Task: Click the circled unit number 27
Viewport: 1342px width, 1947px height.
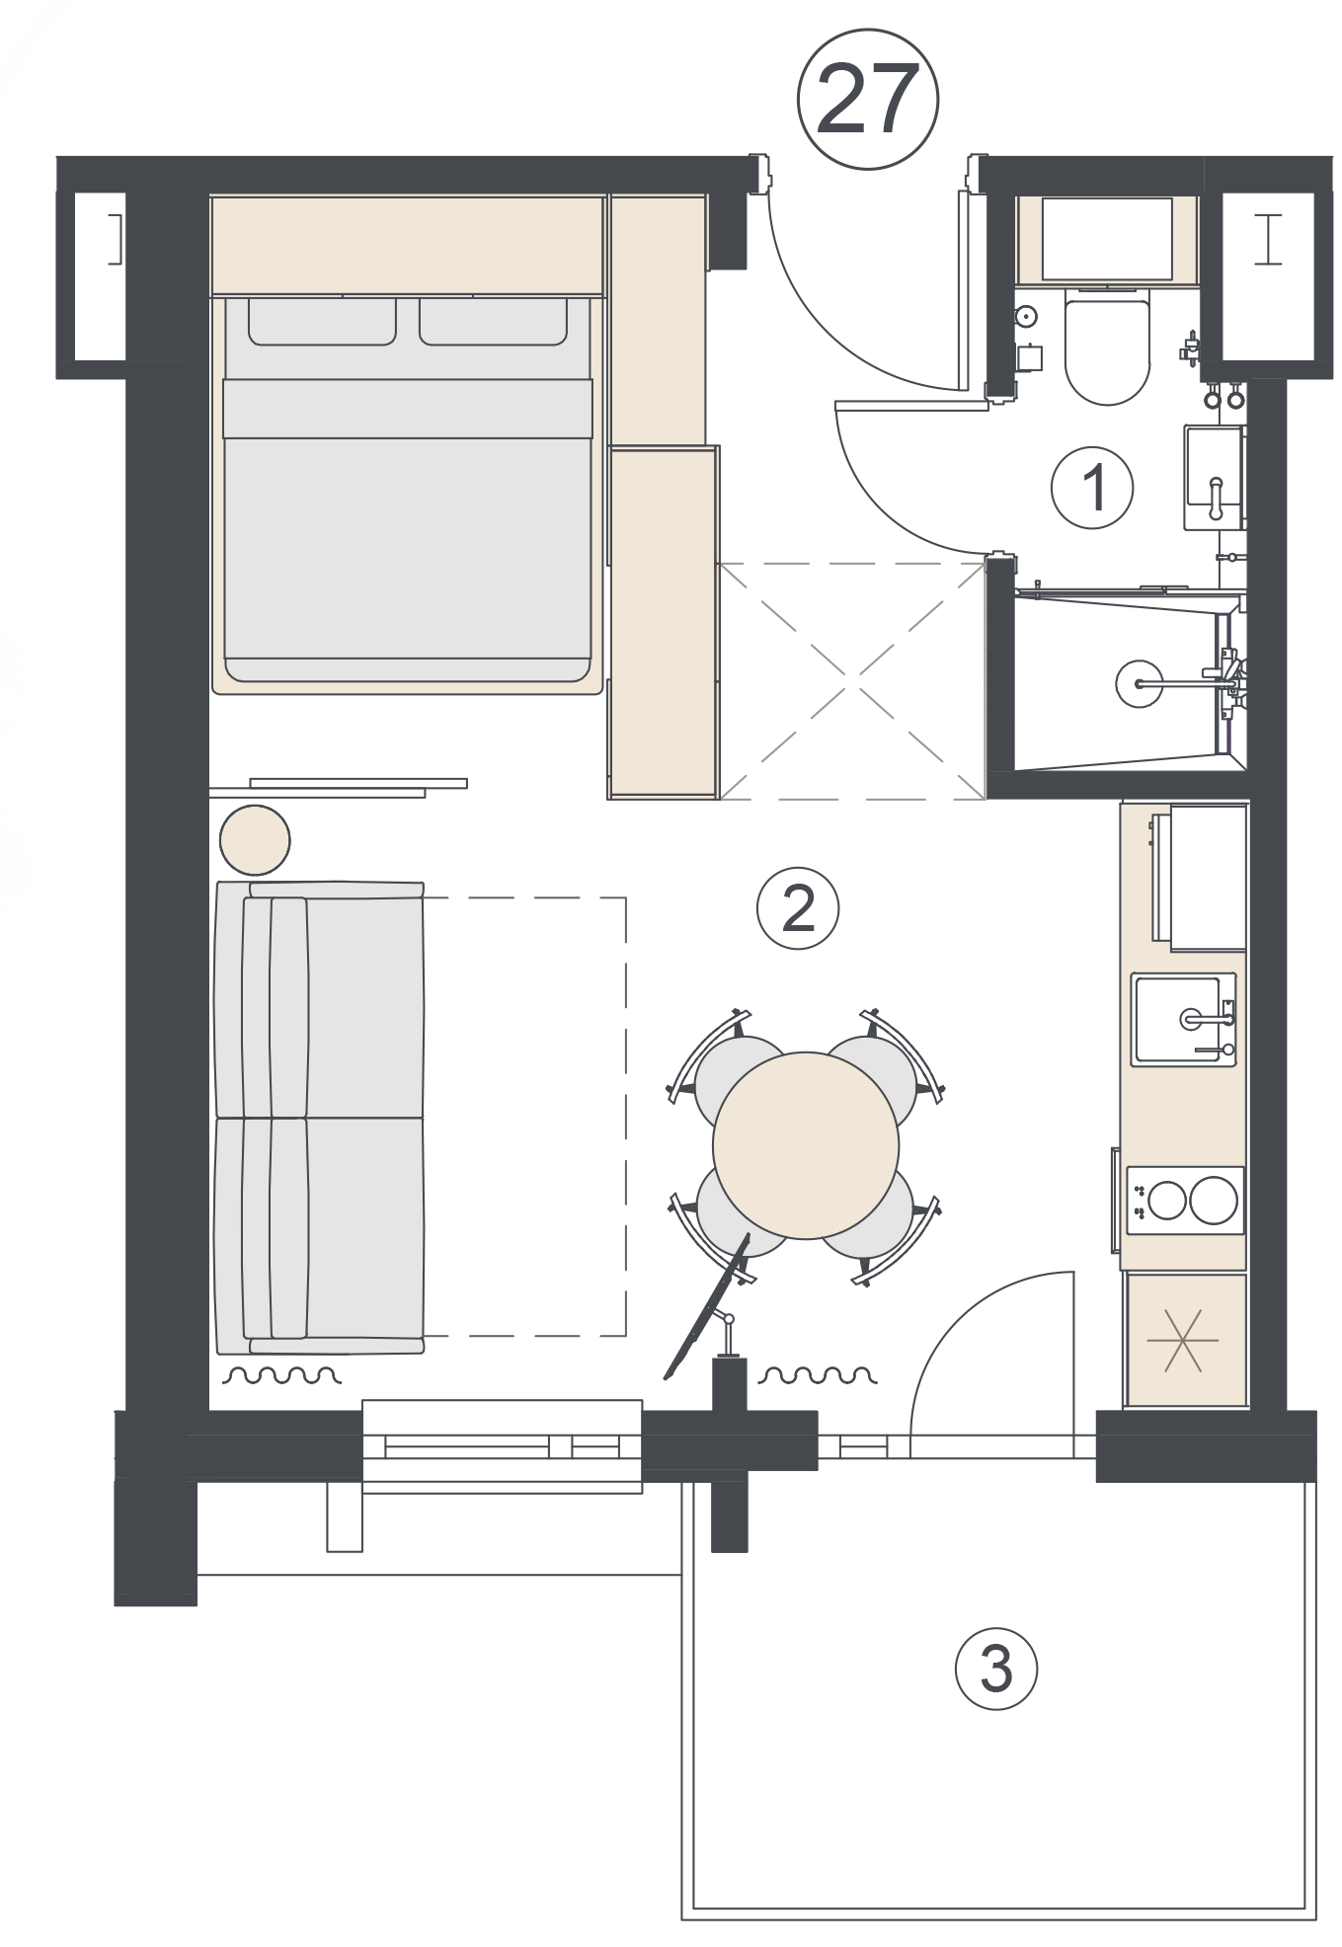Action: pos(867,99)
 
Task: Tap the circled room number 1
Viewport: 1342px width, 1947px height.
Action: pos(1092,488)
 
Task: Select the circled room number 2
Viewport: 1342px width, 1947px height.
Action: pos(798,907)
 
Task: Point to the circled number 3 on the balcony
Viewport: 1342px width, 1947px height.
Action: pos(996,1668)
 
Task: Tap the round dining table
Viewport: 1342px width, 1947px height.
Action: pos(806,1145)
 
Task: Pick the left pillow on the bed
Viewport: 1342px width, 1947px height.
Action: pos(322,322)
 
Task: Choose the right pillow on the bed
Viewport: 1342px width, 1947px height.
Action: pos(493,322)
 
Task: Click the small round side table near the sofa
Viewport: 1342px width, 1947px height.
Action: pos(255,840)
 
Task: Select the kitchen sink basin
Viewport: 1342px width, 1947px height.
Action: pos(1178,1019)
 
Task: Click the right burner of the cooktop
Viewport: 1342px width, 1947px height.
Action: pos(1214,1201)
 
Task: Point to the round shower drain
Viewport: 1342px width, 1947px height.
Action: pos(1140,683)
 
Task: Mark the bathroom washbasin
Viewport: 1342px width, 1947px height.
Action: pos(1214,478)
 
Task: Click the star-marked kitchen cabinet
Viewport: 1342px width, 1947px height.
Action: pos(1186,1340)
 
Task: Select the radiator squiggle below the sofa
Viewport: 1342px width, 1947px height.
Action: pos(283,1373)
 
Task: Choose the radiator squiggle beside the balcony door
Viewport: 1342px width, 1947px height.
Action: pos(817,1373)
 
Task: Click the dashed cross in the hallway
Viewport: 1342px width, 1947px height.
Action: pos(853,680)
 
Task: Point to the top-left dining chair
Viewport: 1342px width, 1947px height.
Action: pos(726,1067)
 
